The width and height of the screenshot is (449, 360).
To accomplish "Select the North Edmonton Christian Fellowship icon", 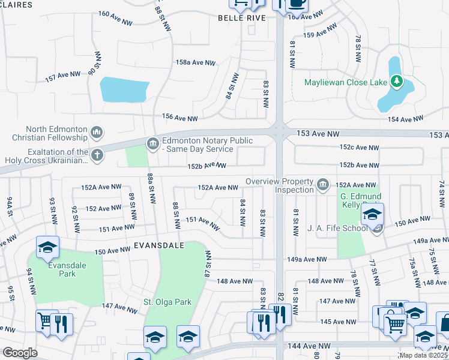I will coord(97,132).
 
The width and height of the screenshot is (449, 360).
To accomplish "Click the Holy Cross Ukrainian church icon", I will coord(97,156).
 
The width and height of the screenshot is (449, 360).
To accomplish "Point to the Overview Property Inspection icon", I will coord(323,183).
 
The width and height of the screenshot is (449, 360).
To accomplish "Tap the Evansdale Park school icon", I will coord(47,247).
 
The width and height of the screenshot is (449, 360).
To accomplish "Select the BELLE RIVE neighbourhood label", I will coord(241,18).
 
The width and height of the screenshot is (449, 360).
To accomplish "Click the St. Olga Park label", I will coord(167,302).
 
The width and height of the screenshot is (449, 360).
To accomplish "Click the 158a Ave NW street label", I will coord(195,62).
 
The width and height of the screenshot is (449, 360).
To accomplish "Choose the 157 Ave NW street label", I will coord(62,76).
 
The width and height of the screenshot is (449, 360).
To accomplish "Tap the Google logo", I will coord(20,353).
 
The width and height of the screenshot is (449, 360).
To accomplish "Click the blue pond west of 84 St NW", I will coord(124,90).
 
